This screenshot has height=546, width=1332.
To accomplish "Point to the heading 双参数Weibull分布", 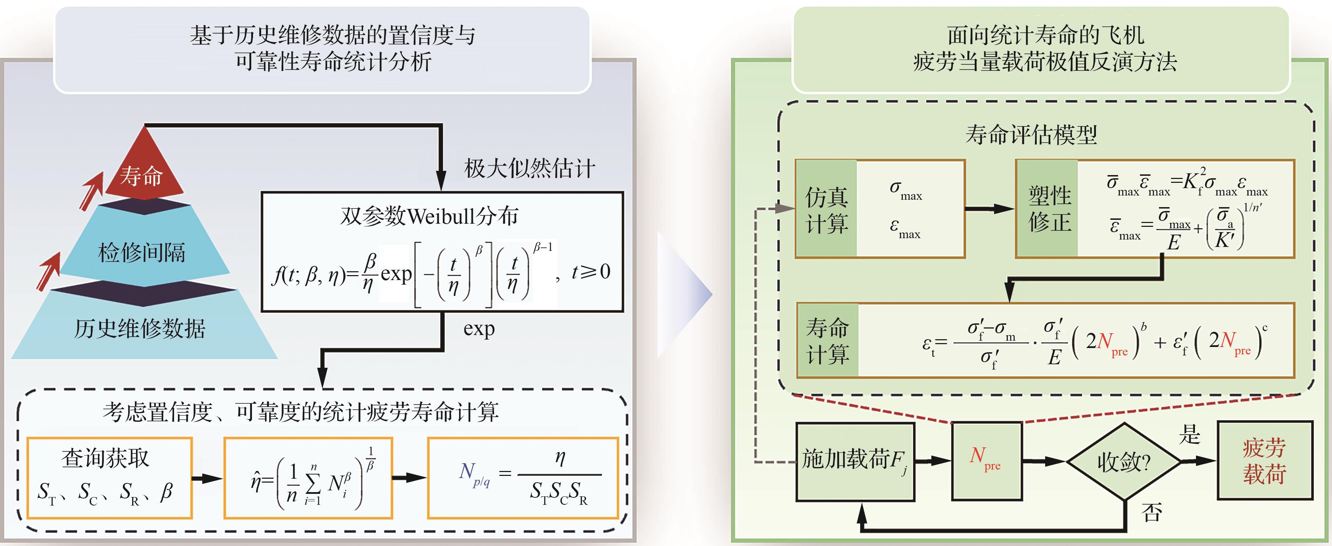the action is point(429,216).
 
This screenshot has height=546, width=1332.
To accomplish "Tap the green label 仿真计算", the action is point(826,209).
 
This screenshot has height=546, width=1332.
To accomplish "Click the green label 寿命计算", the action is point(827,341).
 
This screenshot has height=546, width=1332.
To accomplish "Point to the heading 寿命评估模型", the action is point(1031,135).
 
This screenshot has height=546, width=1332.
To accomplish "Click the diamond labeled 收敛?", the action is point(1124,461).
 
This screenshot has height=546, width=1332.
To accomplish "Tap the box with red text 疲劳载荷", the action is point(1265,460).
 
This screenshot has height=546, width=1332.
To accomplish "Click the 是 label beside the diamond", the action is point(1189,434).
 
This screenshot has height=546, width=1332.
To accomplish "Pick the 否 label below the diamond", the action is point(1152,513).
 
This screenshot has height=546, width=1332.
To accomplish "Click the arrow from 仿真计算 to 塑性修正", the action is point(989,209).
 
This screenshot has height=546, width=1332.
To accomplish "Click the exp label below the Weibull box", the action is point(479,329).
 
